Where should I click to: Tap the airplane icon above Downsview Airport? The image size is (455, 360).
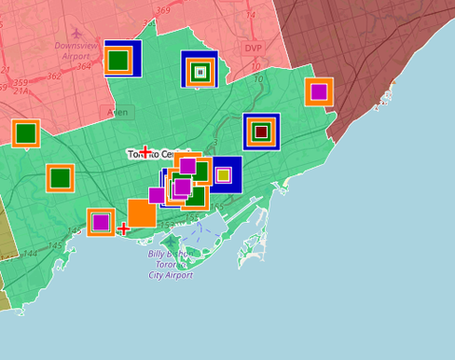pos(76,32)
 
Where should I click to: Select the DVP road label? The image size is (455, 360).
pos(254,48)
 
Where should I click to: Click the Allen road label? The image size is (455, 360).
pos(118,112)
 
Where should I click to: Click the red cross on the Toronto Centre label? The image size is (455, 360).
pos(145,152)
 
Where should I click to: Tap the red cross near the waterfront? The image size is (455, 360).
pos(123,228)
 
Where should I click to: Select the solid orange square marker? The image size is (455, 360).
pos(142,213)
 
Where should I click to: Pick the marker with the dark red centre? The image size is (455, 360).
pos(261,132)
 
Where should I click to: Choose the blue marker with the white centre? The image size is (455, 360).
pos(200,71)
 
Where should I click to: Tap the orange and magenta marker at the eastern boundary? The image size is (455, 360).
pos(319,91)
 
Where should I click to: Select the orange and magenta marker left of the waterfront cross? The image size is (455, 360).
pos(101,222)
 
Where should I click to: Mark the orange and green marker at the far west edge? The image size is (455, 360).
pos(25,133)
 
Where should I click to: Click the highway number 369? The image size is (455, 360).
pos(163,10)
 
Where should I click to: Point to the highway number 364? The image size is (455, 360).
pos(84,66)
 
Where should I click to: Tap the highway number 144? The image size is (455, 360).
pos(30,254)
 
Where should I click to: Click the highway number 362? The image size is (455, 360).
pos(53,76)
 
